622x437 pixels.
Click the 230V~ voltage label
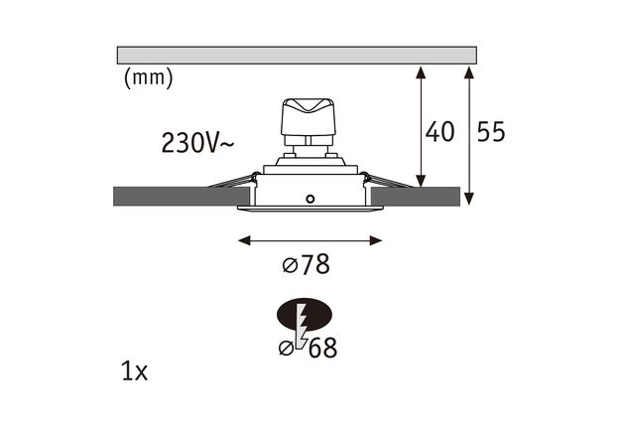(198, 143)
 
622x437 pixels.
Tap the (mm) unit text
(148, 78)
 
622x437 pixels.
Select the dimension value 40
(439, 131)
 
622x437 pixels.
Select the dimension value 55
(491, 131)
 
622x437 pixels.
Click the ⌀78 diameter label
(305, 265)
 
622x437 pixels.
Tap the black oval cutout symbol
(305, 316)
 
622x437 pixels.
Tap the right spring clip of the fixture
(385, 182)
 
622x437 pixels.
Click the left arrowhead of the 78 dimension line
(244, 239)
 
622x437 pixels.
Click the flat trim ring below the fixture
(310, 209)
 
